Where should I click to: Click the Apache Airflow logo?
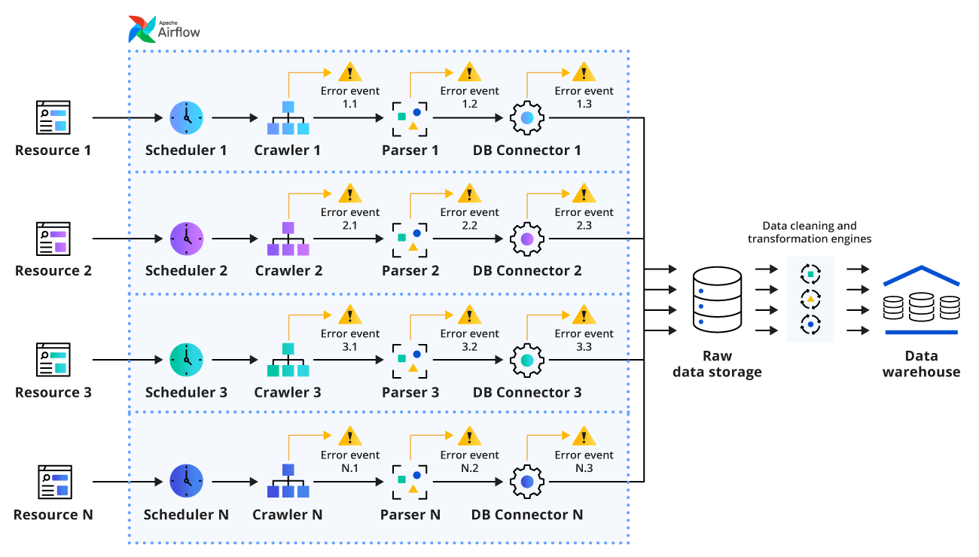[x=164, y=29]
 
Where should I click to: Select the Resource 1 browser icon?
[x=53, y=117]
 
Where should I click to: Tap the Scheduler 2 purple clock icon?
[x=187, y=239]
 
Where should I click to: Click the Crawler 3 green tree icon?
[x=288, y=361]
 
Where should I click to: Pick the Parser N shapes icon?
[x=410, y=482]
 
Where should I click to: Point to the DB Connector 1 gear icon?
[x=527, y=117]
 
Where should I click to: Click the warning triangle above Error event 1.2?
[x=469, y=72]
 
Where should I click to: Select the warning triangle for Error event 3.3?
[x=584, y=315]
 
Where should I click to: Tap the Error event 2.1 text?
[x=350, y=218]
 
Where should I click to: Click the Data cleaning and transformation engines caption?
[x=810, y=232]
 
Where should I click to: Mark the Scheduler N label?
[x=186, y=515]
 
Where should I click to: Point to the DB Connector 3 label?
[x=527, y=393]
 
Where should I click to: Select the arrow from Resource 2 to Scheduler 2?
[x=127, y=239]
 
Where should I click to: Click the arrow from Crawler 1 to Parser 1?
[x=350, y=118]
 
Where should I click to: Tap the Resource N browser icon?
[x=53, y=482]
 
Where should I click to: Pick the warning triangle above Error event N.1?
[x=349, y=436]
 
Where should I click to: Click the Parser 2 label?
[x=410, y=271]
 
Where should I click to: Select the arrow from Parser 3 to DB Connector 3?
[x=467, y=361]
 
